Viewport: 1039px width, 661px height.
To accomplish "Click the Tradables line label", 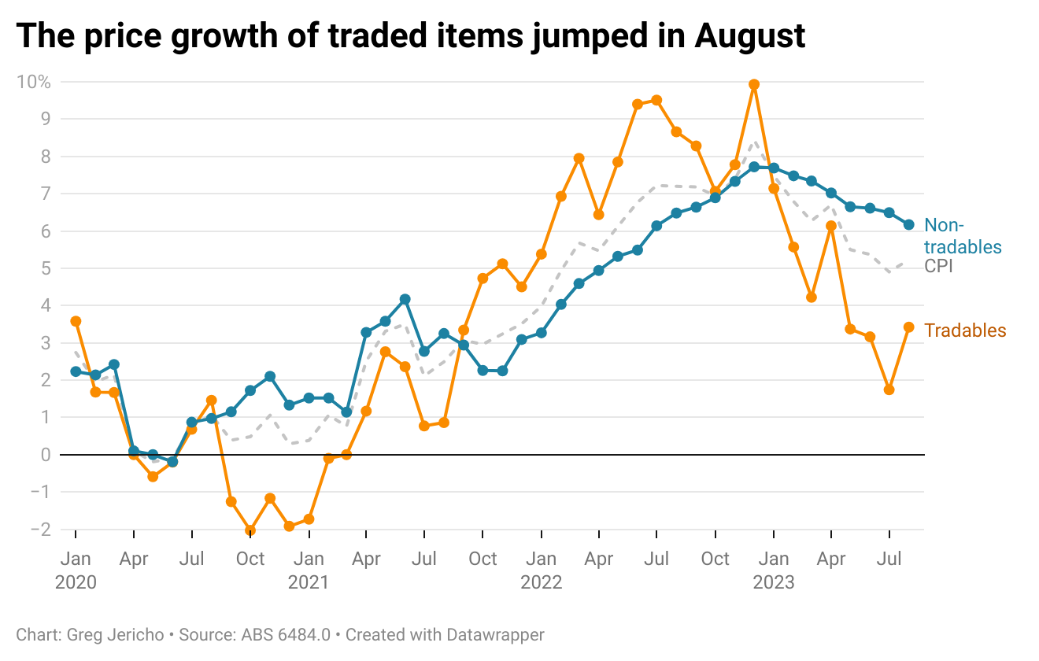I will point(965,330).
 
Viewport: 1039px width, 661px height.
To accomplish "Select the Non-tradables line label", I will point(962,237).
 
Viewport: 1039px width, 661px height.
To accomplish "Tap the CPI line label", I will point(938,267).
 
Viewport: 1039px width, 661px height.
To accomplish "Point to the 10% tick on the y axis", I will point(34,82).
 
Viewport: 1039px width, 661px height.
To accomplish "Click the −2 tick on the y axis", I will point(40,529).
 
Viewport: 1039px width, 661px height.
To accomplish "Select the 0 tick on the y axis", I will point(46,455).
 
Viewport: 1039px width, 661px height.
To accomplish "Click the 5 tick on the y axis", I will point(46,268).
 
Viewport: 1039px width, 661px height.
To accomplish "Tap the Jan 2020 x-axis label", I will point(76,570).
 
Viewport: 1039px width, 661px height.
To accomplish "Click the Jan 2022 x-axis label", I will point(542,570).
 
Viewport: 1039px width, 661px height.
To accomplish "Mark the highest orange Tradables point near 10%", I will point(754,84).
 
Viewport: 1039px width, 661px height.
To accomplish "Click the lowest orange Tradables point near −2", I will point(250,530).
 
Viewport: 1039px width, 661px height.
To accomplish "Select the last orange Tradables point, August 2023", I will point(908,327).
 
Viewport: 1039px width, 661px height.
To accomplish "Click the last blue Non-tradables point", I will point(908,225).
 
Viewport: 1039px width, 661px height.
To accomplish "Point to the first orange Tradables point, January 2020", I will point(76,321).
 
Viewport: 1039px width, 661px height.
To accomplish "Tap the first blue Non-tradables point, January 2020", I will point(76,371).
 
